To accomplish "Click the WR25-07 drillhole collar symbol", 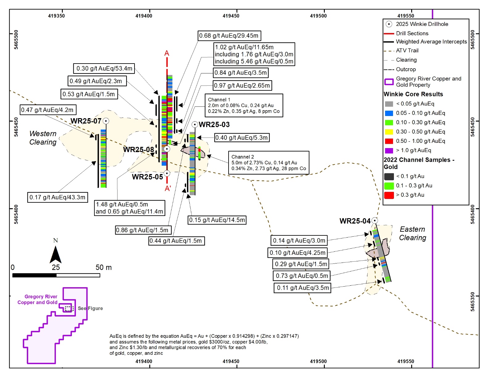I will [x=106, y=121].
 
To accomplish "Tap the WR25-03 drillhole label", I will [x=214, y=125].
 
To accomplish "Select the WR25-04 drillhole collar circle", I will [x=374, y=221].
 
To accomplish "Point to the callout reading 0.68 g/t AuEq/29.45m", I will [x=229, y=36].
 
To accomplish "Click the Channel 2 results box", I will [x=268, y=163].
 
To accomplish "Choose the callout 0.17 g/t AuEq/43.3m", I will [x=57, y=197].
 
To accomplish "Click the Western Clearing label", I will [x=43, y=138].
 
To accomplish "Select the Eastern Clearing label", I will [x=412, y=234].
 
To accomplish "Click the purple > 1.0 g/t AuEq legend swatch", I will [x=389, y=151].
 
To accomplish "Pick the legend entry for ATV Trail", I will [x=407, y=51].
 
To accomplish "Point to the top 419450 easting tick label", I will [x=231, y=16].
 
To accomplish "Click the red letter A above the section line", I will [x=167, y=53].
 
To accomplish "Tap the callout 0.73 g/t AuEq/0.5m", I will [x=302, y=275].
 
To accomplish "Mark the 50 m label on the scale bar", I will [x=104, y=267].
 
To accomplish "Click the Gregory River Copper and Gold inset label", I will [x=38, y=300].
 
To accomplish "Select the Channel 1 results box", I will [x=244, y=106].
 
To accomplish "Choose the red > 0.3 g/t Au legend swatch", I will [x=389, y=195].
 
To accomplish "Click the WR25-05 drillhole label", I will [x=147, y=177].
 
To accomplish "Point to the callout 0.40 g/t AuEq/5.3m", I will [x=242, y=138].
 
